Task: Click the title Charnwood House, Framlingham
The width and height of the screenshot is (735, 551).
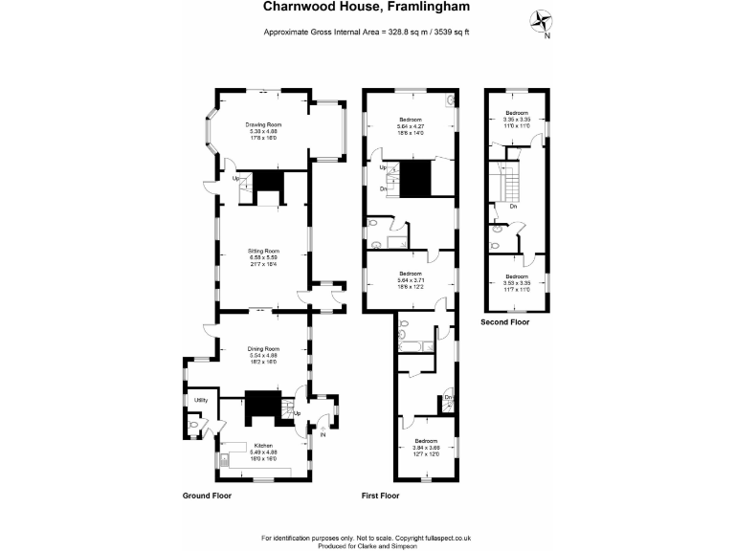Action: [x=367, y=8]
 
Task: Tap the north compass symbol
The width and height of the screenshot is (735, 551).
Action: [x=542, y=21]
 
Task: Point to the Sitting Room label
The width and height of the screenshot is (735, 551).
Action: [x=262, y=255]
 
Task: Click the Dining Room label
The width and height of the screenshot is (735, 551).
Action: [x=262, y=354]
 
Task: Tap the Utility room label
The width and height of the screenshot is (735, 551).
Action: [x=201, y=400]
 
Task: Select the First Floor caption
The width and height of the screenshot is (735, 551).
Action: [x=380, y=496]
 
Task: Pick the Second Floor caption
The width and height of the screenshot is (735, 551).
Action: [x=504, y=322]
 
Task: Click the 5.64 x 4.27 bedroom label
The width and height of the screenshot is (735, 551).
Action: [x=410, y=125]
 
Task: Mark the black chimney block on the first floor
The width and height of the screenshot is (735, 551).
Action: [x=416, y=179]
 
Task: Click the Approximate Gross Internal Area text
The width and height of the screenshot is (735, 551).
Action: [x=367, y=33]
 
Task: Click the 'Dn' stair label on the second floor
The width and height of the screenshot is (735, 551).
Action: [x=513, y=207]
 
